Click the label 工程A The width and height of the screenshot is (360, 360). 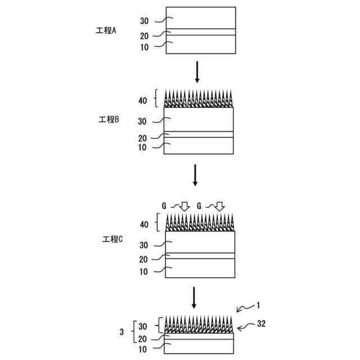[106, 30]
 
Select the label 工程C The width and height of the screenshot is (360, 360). [112, 238]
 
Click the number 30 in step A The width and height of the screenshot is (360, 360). [144, 21]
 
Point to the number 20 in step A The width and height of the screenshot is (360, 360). [144, 36]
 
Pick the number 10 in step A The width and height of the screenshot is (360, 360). [144, 48]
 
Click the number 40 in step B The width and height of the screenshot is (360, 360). [142, 101]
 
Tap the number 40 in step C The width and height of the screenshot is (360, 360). [145, 224]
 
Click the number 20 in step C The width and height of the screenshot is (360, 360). [143, 259]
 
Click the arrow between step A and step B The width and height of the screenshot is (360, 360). [196, 71]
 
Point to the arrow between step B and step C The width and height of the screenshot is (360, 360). [195, 175]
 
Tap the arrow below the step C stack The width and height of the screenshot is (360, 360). [194, 298]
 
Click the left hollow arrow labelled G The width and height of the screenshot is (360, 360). [184, 207]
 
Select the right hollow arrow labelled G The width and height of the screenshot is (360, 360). [220, 207]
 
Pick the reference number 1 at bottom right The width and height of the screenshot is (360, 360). [258, 305]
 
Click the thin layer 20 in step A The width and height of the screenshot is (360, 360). [201, 32]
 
